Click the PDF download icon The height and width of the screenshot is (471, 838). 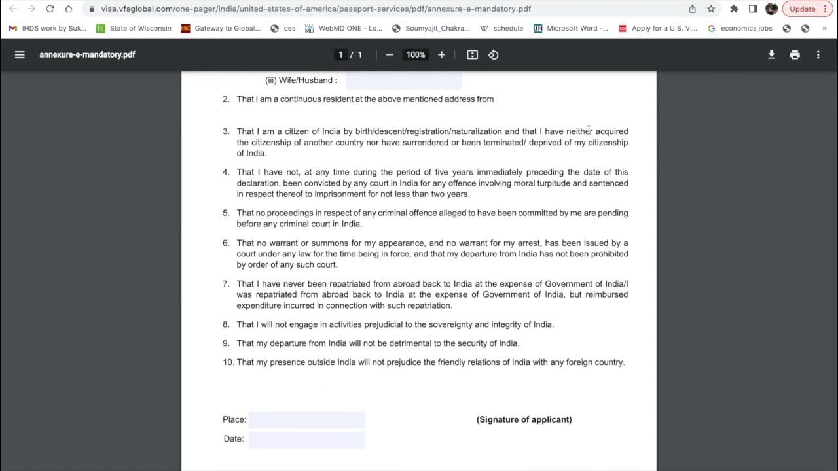[x=771, y=55]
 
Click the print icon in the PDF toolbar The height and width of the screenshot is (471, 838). [x=795, y=55]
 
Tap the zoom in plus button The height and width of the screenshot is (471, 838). [x=441, y=55]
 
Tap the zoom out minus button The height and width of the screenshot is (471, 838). [x=390, y=55]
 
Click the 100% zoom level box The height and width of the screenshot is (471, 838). [x=416, y=55]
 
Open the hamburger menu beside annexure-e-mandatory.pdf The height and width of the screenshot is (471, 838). [x=20, y=55]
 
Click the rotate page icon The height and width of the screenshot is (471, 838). [x=494, y=55]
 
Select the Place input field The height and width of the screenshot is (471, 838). [x=306, y=420]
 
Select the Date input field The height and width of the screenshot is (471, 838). [x=306, y=440]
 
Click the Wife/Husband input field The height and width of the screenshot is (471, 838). [x=403, y=80]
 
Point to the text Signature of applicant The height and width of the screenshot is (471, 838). [x=524, y=419]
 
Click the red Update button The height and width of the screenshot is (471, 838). [x=807, y=9]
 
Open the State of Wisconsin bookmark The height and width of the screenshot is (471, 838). [x=134, y=29]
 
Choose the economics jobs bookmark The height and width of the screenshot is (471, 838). [x=740, y=29]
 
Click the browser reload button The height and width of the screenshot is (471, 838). [x=50, y=9]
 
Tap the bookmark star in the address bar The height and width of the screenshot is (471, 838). [x=711, y=9]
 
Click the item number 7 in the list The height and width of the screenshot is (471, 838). [x=226, y=284]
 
